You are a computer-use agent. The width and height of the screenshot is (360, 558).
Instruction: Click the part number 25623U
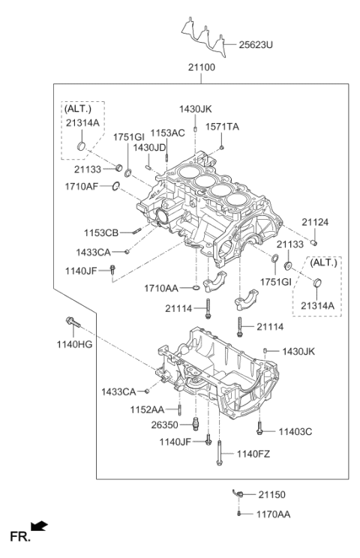[x=256, y=45]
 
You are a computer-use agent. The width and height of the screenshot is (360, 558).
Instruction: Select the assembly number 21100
[x=202, y=68]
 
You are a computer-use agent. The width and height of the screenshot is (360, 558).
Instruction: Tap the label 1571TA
[x=222, y=127]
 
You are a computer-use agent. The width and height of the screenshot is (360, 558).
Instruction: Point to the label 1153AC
[x=166, y=133]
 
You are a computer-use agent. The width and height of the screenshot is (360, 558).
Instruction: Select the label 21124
[x=316, y=222]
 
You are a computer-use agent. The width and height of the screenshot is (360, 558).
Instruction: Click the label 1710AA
[x=162, y=287]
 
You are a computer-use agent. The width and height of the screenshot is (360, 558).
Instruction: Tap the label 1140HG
[x=73, y=344]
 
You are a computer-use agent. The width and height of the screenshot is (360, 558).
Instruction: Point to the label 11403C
[x=295, y=431]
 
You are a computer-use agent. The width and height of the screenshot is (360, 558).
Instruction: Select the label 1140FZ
[x=254, y=453]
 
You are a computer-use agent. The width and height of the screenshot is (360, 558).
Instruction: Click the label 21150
[x=272, y=495]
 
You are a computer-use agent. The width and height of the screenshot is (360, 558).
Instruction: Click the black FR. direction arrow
[x=35, y=529]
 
